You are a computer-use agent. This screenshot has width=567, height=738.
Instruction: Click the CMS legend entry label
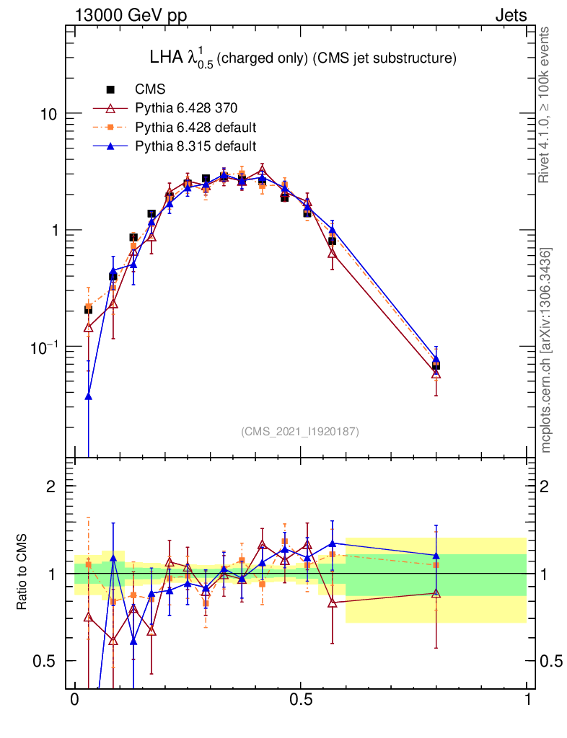150,90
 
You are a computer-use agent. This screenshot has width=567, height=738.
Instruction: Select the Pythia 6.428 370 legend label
187,109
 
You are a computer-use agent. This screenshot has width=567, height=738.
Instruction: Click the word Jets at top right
510,15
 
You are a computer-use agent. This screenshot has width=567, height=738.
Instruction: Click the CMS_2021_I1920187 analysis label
300,432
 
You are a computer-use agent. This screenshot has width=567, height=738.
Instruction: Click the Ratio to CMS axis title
23,574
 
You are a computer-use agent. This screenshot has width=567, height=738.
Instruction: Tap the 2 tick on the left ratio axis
51,486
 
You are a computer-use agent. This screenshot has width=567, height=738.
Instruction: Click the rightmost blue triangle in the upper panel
436,359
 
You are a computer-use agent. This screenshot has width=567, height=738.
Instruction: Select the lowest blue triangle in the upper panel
88,396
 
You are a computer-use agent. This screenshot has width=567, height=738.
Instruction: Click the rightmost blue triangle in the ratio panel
436,556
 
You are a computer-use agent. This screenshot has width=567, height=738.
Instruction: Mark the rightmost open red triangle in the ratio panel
436,593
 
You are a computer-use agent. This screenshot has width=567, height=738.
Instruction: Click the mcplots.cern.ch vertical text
546,350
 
